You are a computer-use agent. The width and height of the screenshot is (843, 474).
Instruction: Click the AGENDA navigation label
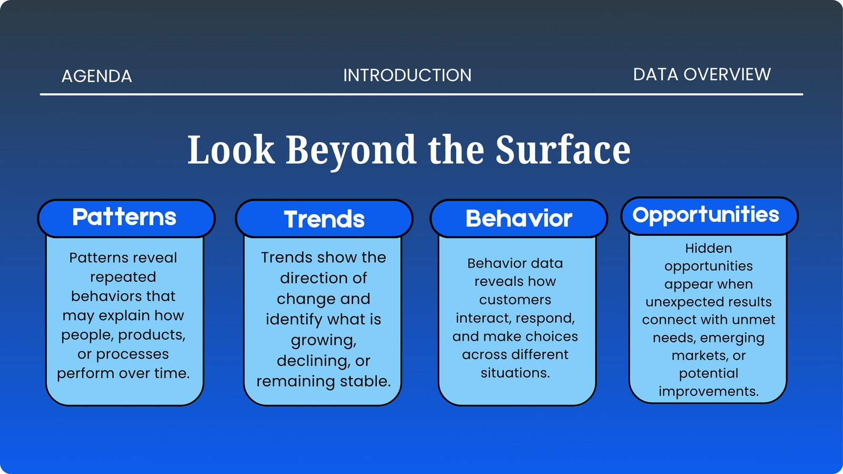[x=97, y=76]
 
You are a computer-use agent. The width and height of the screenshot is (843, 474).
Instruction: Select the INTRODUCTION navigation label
[x=407, y=75]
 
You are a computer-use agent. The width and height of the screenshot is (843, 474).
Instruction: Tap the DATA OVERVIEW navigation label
[x=702, y=74]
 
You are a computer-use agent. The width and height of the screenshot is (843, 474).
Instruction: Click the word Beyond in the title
[x=351, y=151]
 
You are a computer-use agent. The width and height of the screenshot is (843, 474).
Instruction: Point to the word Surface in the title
[x=563, y=150]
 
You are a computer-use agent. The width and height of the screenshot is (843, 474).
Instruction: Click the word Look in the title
[x=231, y=150]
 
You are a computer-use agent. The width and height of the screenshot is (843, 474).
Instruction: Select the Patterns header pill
[x=126, y=218]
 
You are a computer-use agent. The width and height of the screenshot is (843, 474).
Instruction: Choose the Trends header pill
[x=324, y=219]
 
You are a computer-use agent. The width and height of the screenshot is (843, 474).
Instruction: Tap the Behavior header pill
[x=518, y=219]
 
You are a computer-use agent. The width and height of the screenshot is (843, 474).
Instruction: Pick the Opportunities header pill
[x=709, y=216]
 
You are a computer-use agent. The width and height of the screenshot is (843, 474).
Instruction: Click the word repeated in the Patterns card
[x=123, y=277]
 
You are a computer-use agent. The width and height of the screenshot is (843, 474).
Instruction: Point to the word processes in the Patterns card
[x=132, y=355]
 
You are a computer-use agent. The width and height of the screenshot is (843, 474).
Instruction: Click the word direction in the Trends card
[x=312, y=278]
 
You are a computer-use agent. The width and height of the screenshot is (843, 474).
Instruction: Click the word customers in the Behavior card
[x=515, y=300]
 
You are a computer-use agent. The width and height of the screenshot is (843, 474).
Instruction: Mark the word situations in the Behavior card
[x=515, y=373]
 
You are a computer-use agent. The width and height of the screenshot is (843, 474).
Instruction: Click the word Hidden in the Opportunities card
[x=709, y=248]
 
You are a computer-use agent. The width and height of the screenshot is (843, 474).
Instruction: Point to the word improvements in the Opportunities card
[x=709, y=392]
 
